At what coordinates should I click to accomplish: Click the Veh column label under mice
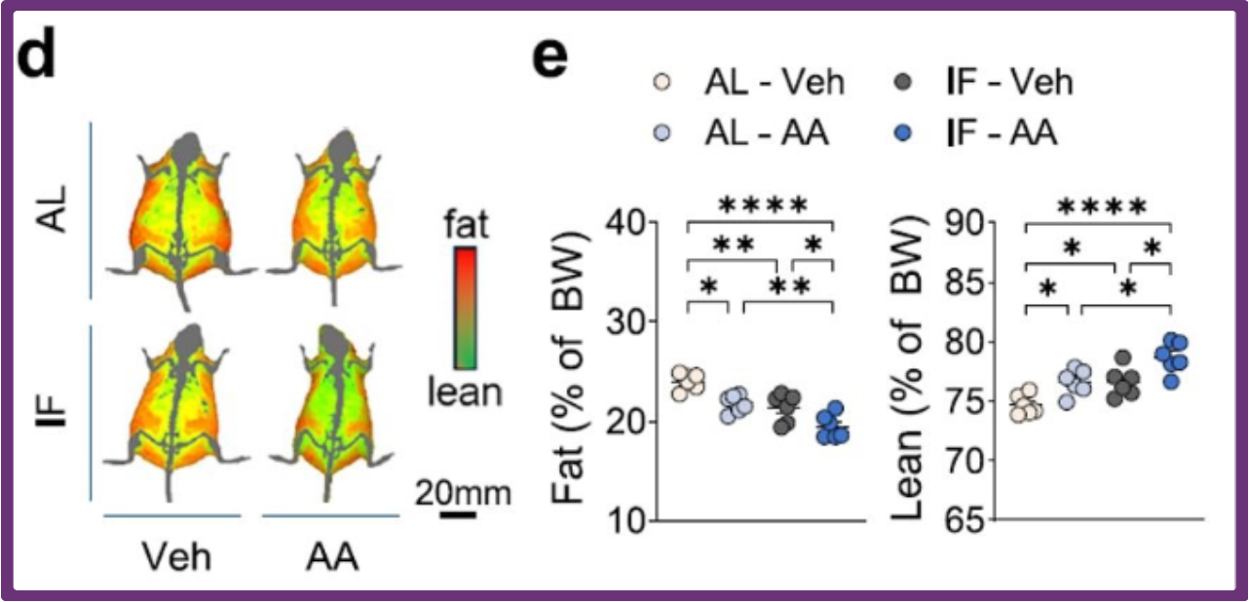coord(176,557)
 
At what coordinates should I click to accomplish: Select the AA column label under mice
coord(331,557)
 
